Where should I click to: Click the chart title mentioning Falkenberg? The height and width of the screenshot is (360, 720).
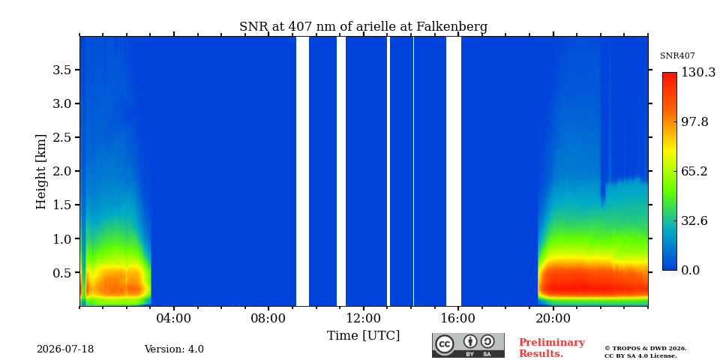363,27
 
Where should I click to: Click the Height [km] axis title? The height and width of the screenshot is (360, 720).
41,172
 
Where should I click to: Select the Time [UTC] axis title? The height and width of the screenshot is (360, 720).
363,336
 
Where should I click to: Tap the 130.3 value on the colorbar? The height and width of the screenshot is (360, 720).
698,72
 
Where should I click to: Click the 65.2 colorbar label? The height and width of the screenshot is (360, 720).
694,171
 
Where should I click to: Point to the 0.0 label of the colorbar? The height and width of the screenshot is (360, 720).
691,271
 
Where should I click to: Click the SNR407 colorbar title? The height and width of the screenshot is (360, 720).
677,56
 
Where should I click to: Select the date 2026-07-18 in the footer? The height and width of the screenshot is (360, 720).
65,349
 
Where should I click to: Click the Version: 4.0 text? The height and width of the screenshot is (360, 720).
174,349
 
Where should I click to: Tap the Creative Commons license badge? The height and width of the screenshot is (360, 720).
468,345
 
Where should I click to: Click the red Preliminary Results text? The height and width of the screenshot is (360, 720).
552,348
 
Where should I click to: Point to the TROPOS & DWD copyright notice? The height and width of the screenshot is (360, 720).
646,352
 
